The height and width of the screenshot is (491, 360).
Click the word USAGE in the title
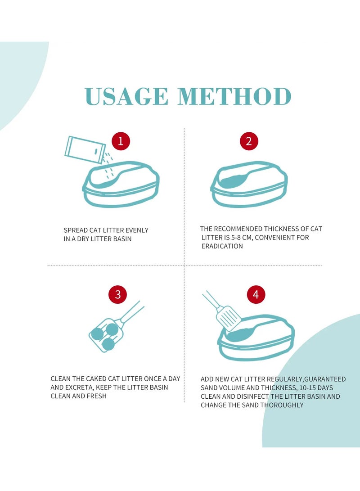(x=126, y=96)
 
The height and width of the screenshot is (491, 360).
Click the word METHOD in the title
(x=234, y=96)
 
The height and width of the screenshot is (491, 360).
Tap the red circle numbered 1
(x=121, y=141)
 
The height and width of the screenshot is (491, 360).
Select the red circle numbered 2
(x=249, y=141)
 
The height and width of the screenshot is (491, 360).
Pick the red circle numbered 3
(x=118, y=294)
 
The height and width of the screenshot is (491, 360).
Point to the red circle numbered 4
(x=256, y=294)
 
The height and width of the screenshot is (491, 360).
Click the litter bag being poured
(x=85, y=150)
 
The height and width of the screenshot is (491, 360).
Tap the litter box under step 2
(x=249, y=184)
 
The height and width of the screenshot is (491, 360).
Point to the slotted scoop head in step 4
(x=229, y=318)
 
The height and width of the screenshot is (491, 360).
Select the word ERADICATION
(x=222, y=246)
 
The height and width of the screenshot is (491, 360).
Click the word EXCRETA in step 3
(x=79, y=387)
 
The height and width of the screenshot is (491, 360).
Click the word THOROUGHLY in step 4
(x=282, y=405)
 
